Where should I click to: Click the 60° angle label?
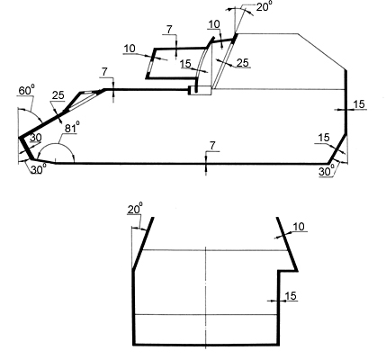27,90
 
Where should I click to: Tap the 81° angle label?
72,128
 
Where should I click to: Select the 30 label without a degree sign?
35,138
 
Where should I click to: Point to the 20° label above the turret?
263,6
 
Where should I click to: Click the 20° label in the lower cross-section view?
135,209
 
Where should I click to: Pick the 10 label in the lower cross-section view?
299,227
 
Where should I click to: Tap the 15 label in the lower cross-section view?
291,296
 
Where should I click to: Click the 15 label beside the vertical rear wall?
359,104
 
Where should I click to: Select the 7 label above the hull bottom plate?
212,146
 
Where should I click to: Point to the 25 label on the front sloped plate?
58,95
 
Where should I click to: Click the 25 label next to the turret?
243,63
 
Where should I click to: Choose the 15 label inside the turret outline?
185,64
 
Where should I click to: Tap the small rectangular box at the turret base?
200,90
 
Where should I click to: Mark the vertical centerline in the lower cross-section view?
206,298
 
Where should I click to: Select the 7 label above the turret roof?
169,30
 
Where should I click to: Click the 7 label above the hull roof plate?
104,72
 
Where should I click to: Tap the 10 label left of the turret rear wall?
130,49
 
